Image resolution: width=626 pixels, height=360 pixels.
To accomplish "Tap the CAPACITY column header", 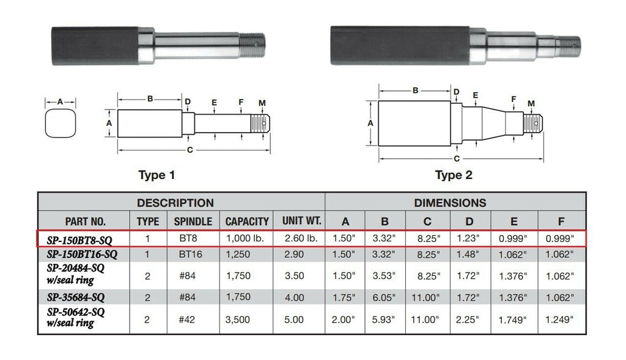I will click(247, 221).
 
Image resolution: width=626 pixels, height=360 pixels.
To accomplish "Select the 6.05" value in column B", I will click(385, 298).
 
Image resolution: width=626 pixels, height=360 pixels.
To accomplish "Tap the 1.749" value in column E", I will click(513, 319).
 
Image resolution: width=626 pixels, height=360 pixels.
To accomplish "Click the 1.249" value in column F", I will click(559, 319).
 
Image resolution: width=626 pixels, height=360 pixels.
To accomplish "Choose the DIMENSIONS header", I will click(450, 202).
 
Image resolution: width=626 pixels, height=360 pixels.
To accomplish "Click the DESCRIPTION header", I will click(175, 202).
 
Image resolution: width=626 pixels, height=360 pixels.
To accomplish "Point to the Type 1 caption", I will click(156, 175).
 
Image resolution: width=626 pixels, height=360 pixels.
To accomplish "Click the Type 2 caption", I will click(453, 175).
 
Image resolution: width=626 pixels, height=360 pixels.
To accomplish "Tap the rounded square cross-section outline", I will click(60, 126).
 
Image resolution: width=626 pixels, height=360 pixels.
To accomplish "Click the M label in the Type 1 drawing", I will click(262, 102).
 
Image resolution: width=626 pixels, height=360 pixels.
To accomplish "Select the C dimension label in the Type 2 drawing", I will click(457, 159).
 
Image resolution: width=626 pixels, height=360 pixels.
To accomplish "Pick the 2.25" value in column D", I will click(468, 319).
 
